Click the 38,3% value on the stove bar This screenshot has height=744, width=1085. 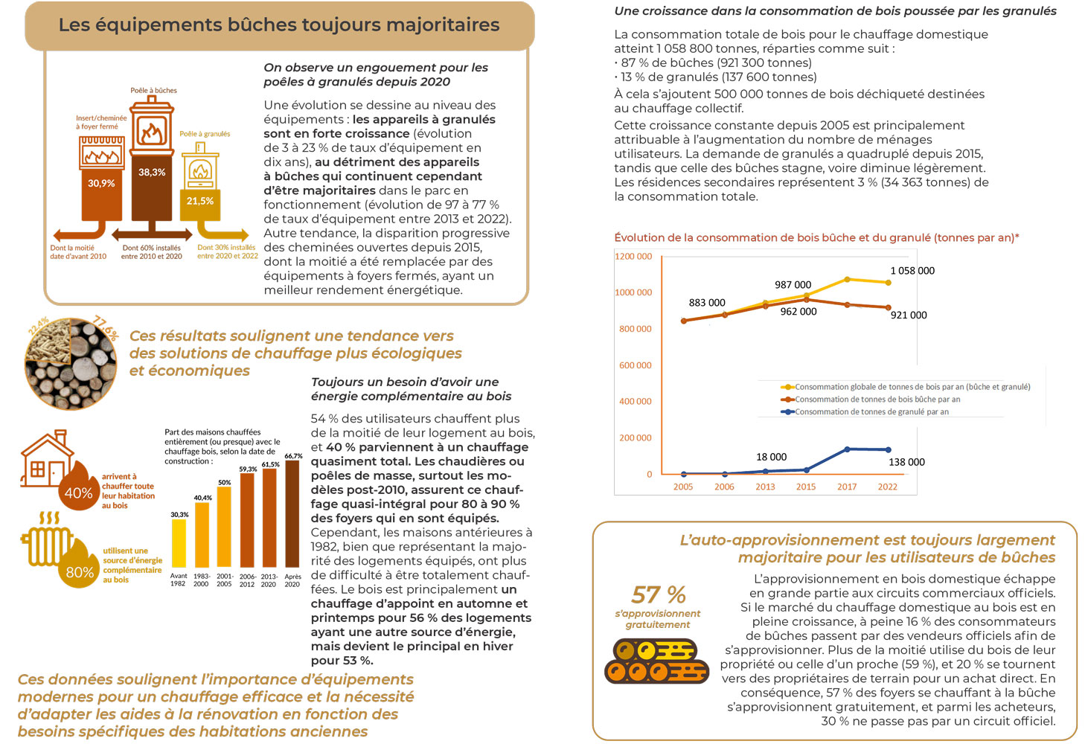click(152, 172)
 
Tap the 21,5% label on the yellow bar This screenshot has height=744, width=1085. click(200, 201)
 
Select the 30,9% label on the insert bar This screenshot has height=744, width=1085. click(101, 183)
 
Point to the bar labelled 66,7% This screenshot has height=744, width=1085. click(292, 514)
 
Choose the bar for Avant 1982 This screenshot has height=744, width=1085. click(179, 543)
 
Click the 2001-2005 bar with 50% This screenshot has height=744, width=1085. click(224, 527)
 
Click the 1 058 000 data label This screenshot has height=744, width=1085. click(912, 271)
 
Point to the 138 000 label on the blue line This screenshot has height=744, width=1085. click(906, 462)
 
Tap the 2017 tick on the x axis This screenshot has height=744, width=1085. click(847, 487)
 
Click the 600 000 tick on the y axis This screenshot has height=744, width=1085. click(635, 365)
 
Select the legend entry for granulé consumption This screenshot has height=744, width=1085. click(865, 411)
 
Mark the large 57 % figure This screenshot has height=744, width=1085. click(659, 594)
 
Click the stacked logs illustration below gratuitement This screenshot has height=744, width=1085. click(656, 661)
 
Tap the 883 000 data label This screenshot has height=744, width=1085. click(707, 303)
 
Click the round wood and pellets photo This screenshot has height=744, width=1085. click(71, 364)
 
